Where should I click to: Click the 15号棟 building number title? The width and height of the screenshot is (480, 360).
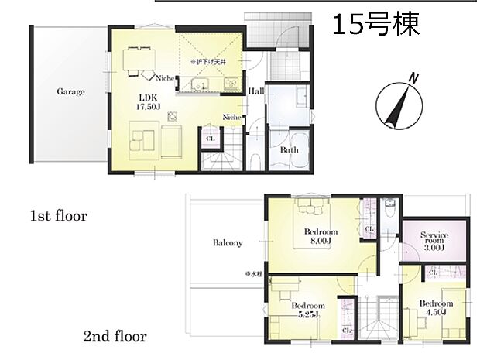(x=376, y=25)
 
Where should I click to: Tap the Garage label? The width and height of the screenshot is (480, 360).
(x=70, y=91)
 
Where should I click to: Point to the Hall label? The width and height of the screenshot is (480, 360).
(x=256, y=91)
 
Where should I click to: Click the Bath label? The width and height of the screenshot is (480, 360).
(x=290, y=150)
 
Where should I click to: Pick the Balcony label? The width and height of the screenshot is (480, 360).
(x=228, y=242)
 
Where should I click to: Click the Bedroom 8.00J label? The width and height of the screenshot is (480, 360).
(x=320, y=237)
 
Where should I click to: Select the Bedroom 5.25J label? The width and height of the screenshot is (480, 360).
(x=307, y=310)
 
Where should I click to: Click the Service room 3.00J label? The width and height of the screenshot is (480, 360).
(x=434, y=241)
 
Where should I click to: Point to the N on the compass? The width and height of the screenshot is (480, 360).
(x=414, y=78)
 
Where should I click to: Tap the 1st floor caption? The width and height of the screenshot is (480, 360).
(x=59, y=216)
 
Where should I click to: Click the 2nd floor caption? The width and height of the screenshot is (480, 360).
(x=115, y=337)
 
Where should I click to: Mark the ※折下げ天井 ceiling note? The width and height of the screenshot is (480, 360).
(x=207, y=59)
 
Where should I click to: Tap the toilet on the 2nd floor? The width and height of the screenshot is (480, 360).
(x=391, y=209)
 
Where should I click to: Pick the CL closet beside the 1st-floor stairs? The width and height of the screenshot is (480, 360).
(x=209, y=139)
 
